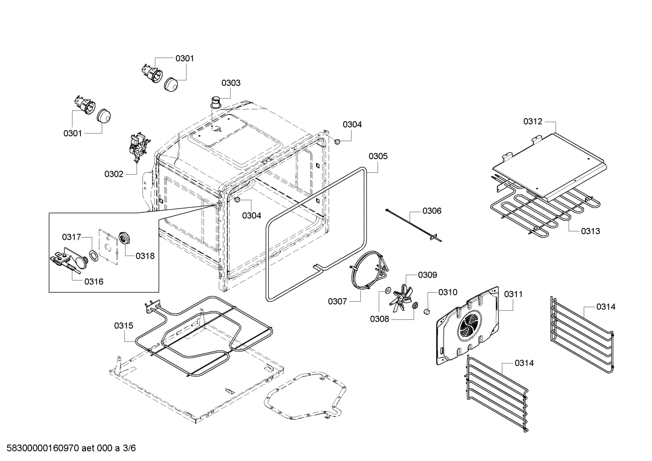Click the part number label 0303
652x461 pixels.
pos(231,83)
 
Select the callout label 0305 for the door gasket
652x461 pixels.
pos(378,156)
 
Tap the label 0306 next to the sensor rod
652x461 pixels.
pos(432,211)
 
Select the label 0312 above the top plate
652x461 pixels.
pos(533,121)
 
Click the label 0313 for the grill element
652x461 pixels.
pos(591,231)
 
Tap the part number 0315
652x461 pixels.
pos(123,325)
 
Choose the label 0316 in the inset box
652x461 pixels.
pos(94,281)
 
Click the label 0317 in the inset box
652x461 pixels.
pos(71,237)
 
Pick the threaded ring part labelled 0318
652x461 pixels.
pos(123,238)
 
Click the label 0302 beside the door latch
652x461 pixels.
pos(113,174)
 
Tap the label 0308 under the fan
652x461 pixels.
pos(379,319)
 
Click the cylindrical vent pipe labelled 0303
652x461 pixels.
pos(217,102)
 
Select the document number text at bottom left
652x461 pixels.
pos(68,448)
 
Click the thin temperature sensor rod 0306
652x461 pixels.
pos(414,224)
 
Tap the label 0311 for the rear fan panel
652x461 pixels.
pos(513,294)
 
